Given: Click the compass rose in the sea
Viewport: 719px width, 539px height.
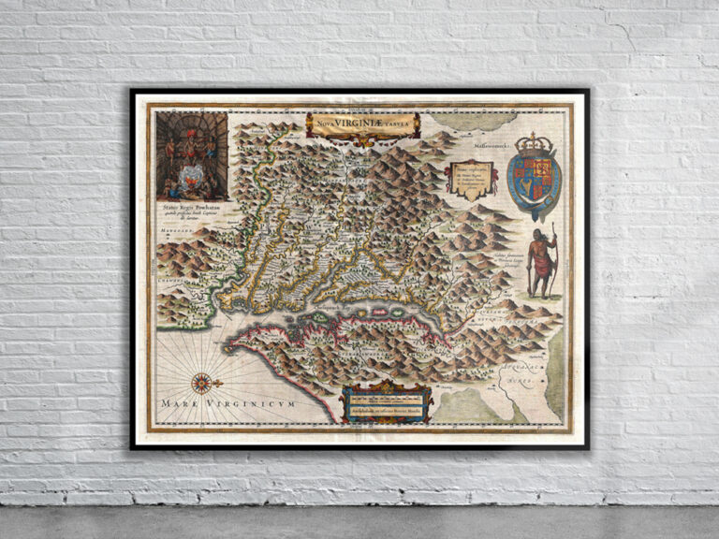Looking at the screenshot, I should point(201,382).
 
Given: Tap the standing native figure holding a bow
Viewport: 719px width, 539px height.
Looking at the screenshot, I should point(540,260).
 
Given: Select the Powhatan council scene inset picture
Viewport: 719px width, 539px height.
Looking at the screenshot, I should point(192,155).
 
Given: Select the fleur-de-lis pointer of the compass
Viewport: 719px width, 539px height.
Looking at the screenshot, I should point(219,382).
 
